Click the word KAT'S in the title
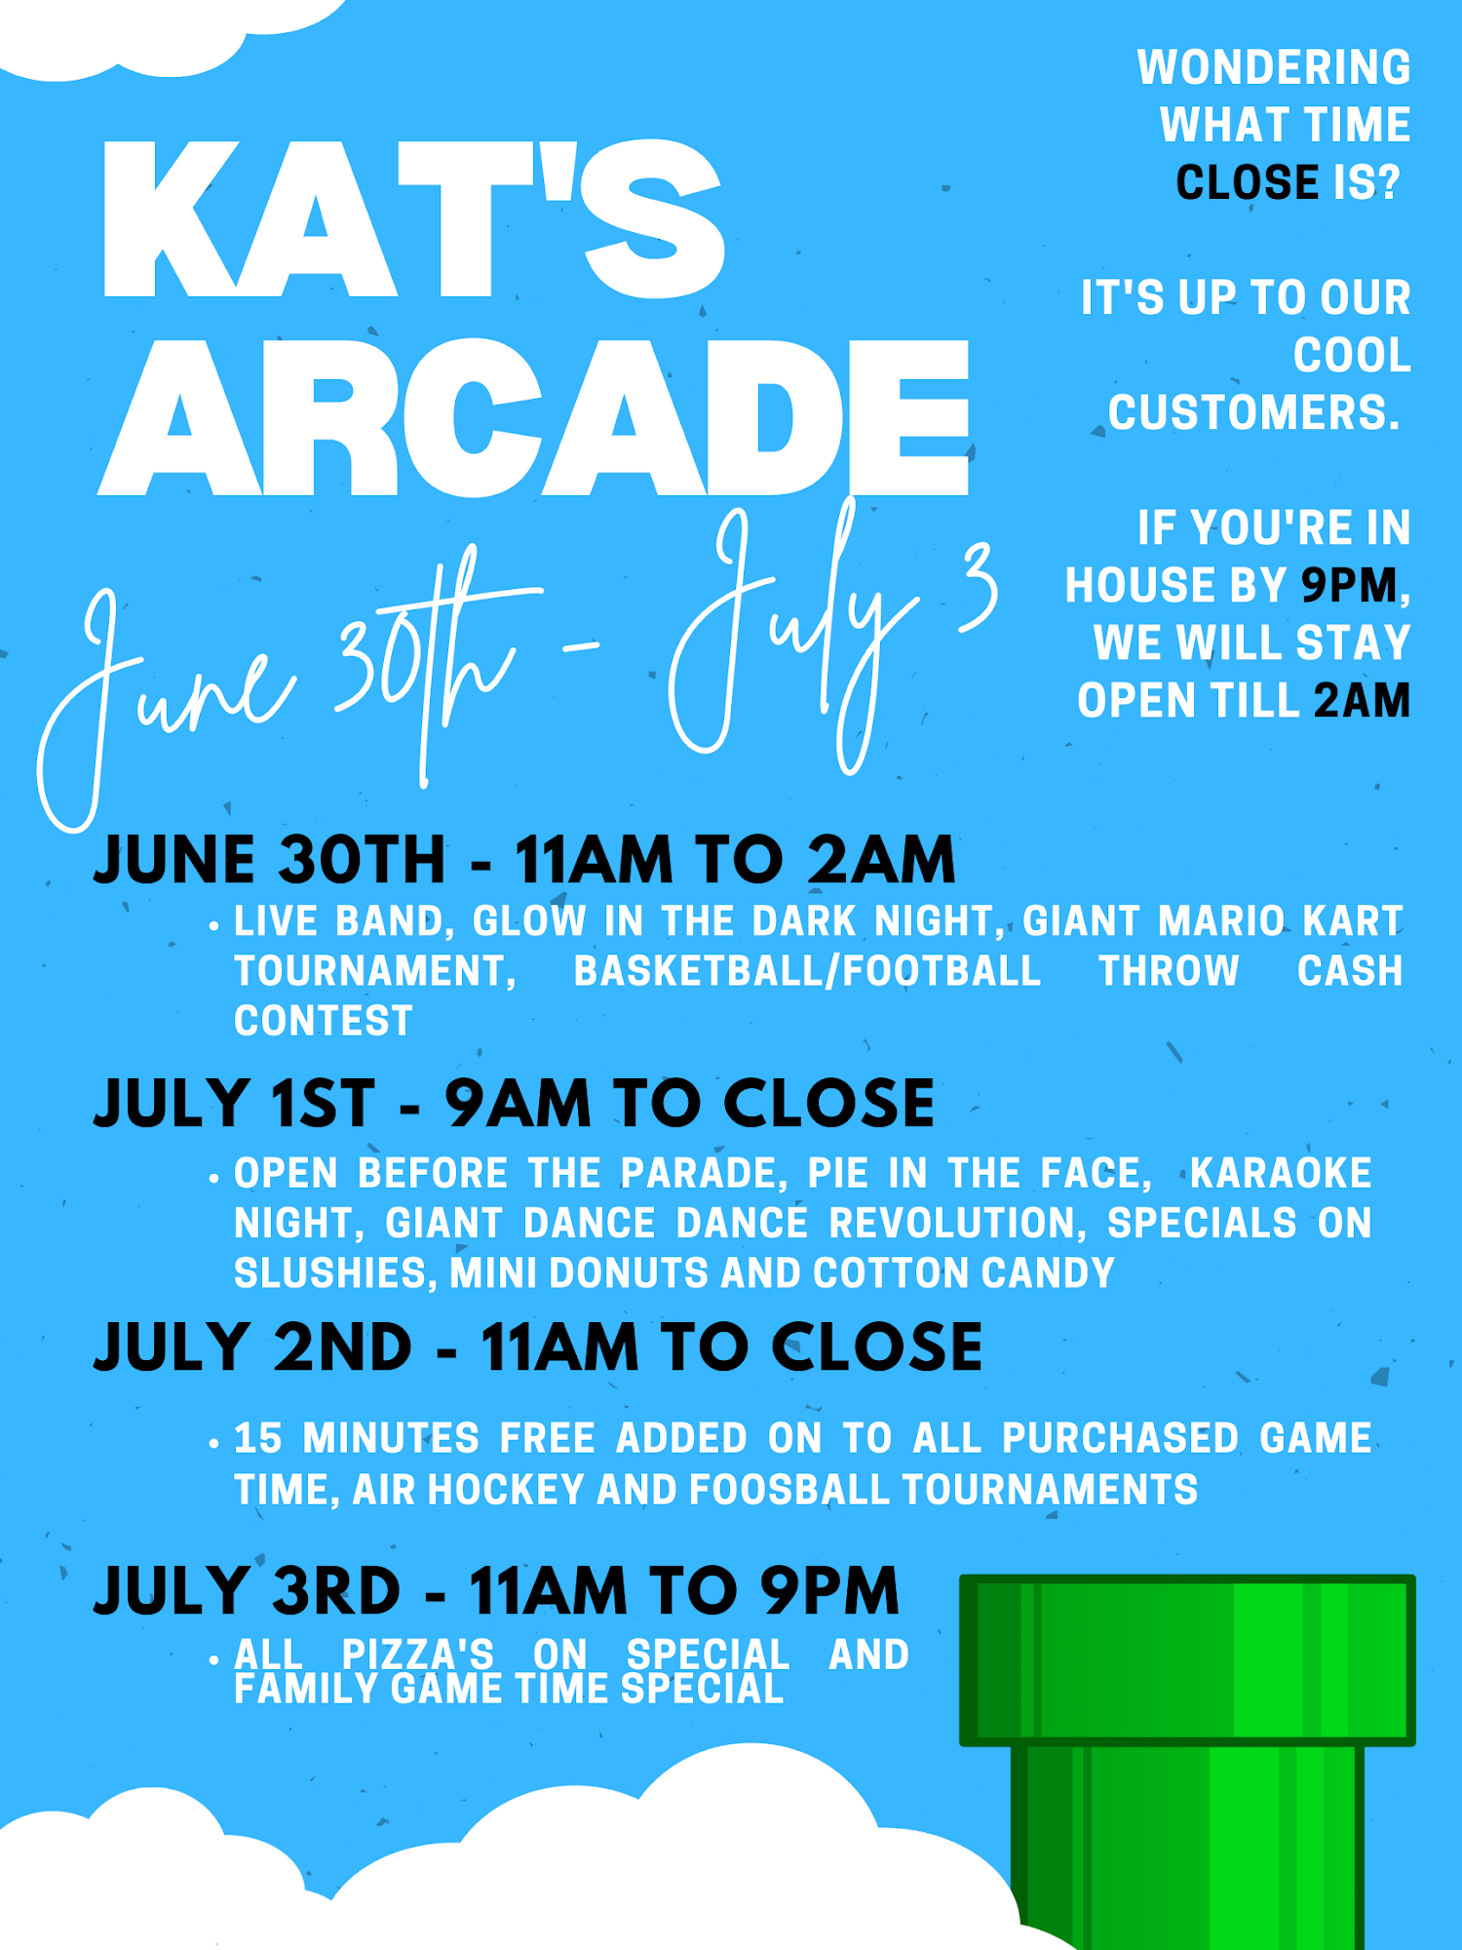(414, 219)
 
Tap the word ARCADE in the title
(534, 417)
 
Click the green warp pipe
(1187, 1761)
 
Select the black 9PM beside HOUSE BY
(1350, 585)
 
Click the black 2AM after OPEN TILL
(1362, 700)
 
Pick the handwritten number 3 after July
(977, 587)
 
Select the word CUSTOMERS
(1253, 412)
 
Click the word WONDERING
(1274, 67)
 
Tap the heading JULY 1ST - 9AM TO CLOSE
(514, 1103)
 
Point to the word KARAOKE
(1281, 1173)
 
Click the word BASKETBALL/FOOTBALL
(807, 970)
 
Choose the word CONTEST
(324, 1021)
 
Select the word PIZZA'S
(418, 1654)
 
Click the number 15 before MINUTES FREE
(258, 1438)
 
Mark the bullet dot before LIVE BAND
(214, 925)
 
